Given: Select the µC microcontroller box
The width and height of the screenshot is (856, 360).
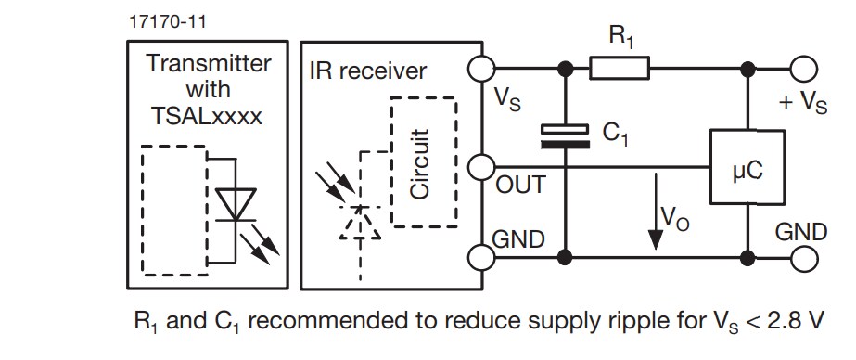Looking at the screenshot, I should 747,167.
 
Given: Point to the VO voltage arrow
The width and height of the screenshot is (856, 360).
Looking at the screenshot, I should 657,213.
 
